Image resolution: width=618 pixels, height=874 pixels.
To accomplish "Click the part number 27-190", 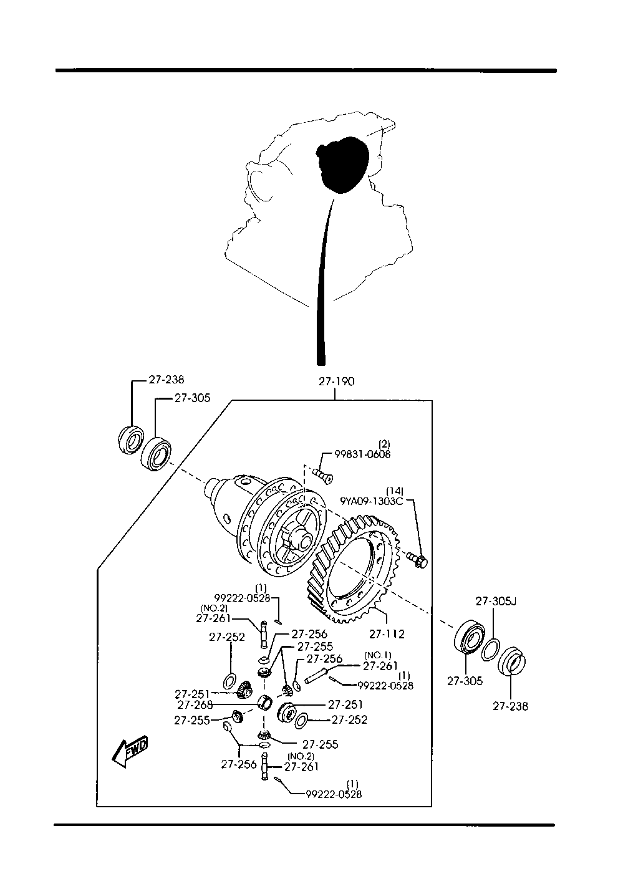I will pos(336,382).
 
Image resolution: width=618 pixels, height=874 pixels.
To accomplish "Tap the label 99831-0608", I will pos(359,454).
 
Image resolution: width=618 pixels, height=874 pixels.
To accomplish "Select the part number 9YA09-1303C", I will pos(372,501).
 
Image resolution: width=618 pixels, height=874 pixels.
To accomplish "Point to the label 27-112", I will pos(387,634).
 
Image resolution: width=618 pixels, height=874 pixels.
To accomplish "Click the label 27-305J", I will pos(496,602).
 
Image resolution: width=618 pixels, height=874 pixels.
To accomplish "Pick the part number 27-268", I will pos(195,705).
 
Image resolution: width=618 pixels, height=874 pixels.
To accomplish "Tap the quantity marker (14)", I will pos(394,491).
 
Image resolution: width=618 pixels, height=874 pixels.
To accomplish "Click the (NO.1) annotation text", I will pos(377,655).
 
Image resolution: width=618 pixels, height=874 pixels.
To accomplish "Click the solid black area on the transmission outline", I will pos(342,163).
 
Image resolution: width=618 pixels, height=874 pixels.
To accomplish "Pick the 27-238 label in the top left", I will pos(166,378).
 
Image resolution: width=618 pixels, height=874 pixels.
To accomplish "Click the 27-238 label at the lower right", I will pos(510,706).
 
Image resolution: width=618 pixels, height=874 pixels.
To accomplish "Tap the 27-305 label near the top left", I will pos(192,398).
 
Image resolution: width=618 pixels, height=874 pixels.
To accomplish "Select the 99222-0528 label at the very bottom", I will pos(334,794).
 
